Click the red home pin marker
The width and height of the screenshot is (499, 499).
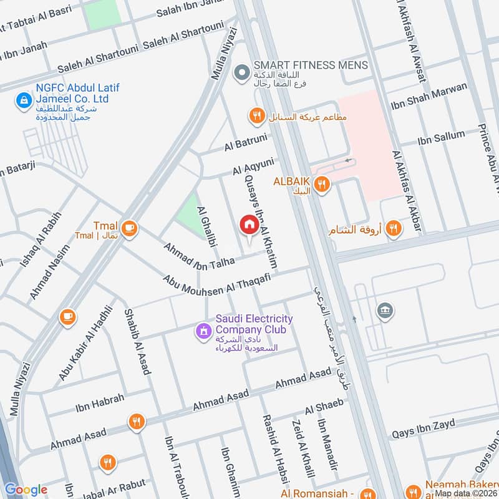(249, 225)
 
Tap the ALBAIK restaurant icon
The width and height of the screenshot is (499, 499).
(321, 183)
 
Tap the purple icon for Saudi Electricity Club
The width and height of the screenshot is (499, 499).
(203, 331)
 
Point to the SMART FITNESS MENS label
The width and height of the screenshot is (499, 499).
(311, 65)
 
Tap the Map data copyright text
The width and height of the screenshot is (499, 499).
(465, 493)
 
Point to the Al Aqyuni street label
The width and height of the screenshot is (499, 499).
(253, 167)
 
